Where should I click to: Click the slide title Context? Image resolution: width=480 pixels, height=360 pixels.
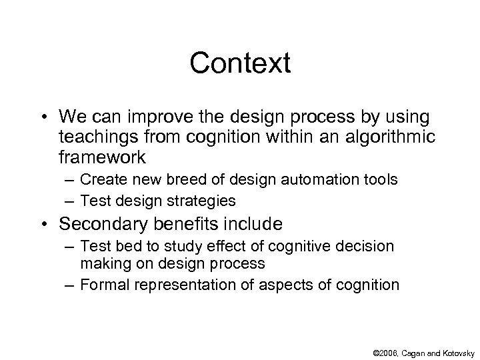click(240, 63)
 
